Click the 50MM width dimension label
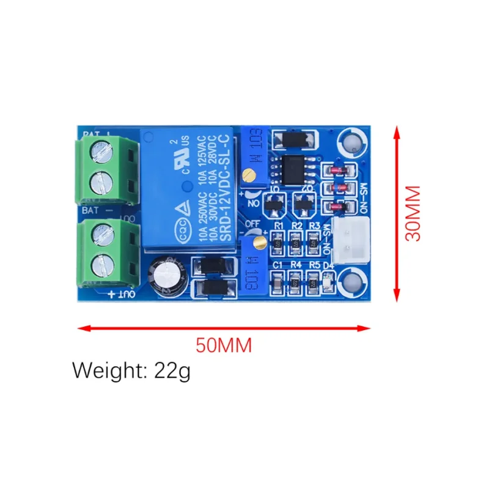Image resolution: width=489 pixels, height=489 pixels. click(x=224, y=345)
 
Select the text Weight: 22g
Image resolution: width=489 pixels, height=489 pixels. click(x=131, y=370)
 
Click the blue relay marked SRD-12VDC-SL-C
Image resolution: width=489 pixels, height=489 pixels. click(x=186, y=190)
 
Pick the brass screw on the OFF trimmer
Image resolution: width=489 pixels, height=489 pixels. click(x=259, y=244)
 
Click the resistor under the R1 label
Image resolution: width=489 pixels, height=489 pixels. click(x=278, y=242)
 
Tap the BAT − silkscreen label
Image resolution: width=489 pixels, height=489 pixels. click(x=91, y=209)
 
